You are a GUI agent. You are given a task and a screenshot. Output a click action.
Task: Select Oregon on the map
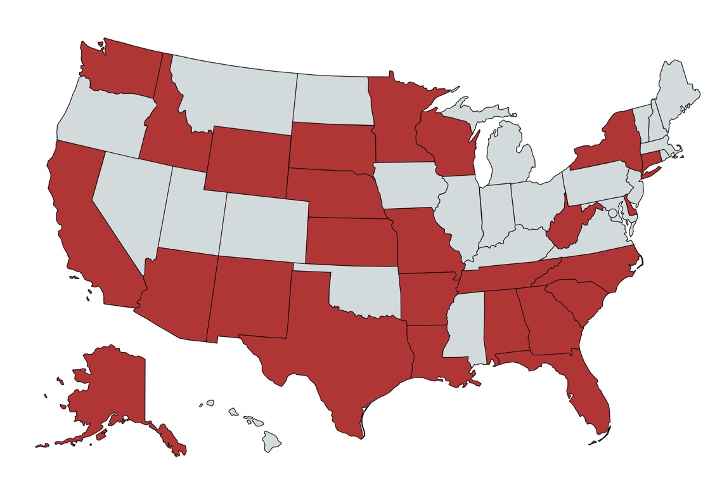point(101,121)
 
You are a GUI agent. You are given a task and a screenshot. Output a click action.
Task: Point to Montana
point(235,92)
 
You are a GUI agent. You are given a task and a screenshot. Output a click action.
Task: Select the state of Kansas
point(349,241)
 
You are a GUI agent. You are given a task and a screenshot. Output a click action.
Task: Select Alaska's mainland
point(114,387)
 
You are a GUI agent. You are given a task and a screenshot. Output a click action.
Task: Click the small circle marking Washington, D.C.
point(612,214)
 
